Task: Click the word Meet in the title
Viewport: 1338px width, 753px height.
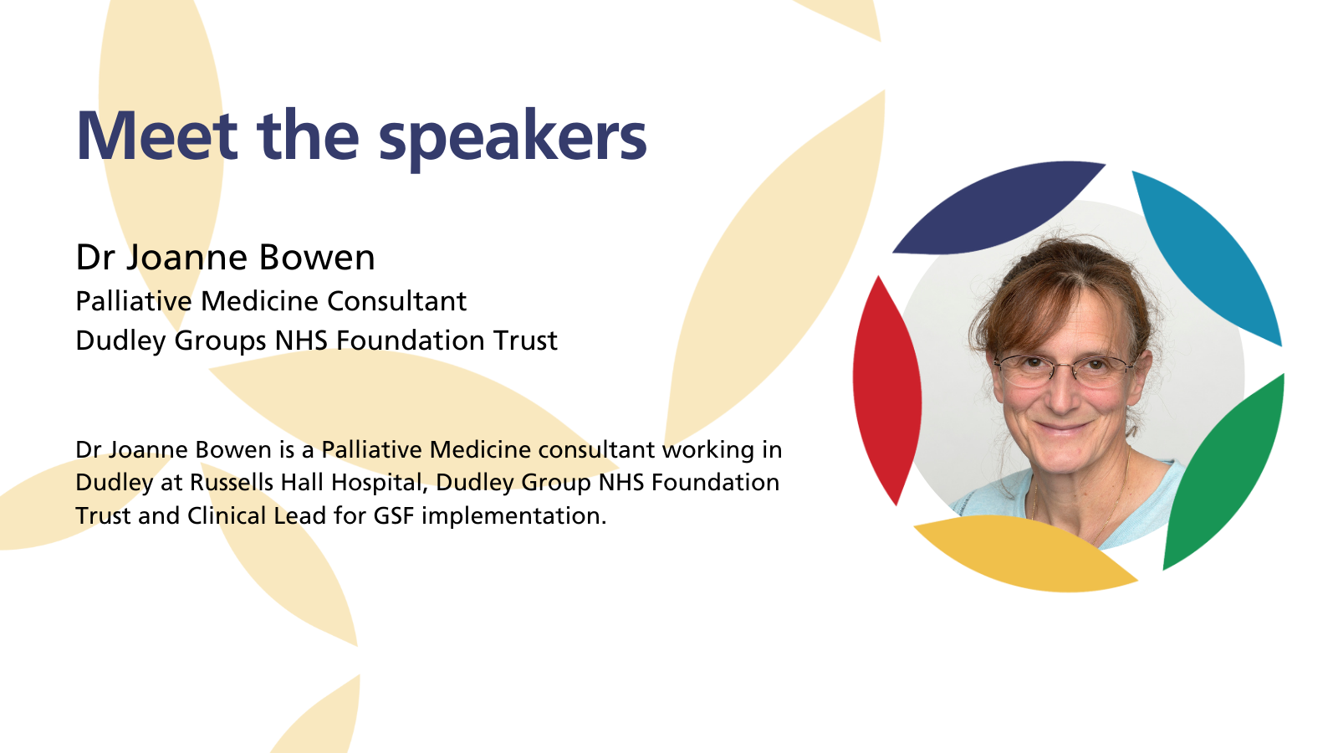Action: tap(157, 136)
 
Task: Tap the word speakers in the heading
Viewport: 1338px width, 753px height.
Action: tap(513, 140)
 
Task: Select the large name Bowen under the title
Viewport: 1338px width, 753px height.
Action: tap(317, 258)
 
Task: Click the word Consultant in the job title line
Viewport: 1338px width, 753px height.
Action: tap(396, 300)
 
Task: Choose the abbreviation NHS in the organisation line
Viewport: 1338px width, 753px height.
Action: tap(301, 340)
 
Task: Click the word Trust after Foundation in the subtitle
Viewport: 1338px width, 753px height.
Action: tap(525, 340)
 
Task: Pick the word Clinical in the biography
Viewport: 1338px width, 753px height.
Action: tap(227, 515)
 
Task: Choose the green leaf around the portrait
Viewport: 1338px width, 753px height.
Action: tap(1224, 472)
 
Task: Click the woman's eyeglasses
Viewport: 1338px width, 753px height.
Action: tap(1065, 370)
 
